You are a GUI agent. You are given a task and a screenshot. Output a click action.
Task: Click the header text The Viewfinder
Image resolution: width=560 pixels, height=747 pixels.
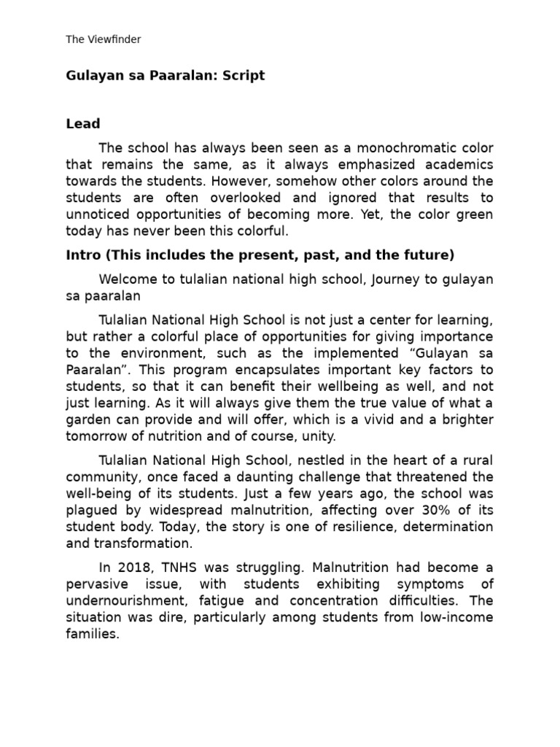[103, 39]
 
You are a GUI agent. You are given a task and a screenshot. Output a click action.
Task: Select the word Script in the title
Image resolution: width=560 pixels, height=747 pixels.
[244, 76]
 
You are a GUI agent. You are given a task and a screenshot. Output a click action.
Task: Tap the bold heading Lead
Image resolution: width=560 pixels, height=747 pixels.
[83, 124]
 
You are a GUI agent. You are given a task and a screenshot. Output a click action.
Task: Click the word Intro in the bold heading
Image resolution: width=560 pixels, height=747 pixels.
[82, 255]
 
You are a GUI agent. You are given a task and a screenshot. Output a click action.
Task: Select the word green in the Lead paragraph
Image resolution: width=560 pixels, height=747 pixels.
[474, 214]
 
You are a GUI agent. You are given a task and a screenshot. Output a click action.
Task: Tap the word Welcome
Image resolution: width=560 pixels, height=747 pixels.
[126, 280]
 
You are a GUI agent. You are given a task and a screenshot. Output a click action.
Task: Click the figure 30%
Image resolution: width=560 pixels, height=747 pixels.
[437, 510]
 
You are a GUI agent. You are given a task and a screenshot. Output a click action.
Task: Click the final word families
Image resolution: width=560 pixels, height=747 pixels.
[92, 635]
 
